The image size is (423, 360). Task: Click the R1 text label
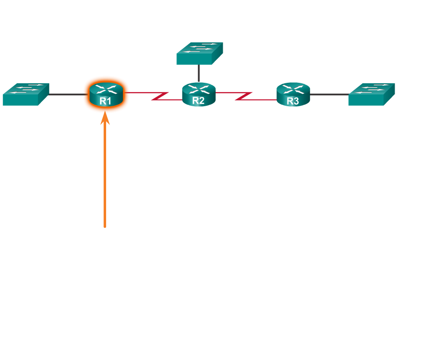coord(105,101)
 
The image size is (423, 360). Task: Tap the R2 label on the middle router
coord(198,100)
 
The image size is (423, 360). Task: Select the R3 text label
coord(293,101)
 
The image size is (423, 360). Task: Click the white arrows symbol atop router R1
coord(106,90)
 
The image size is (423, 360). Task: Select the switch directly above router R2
coord(199,53)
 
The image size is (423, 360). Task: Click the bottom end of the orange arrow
coord(105,226)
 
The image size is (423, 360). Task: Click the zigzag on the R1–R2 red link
coord(159,96)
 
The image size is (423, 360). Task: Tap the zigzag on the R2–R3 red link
coord(244,96)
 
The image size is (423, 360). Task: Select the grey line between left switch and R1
coord(67,94)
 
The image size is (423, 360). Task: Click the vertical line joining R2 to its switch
coord(198,73)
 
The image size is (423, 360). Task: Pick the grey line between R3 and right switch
coord(329,94)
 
